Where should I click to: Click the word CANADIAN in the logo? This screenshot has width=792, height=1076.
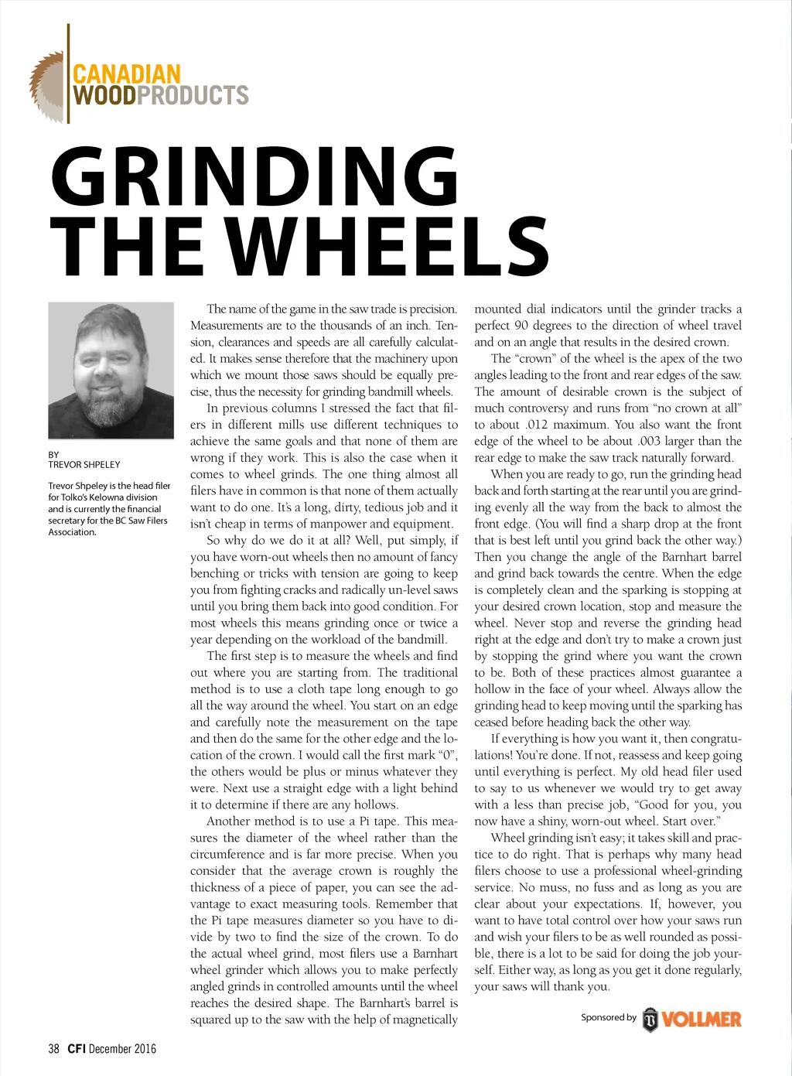[126, 75]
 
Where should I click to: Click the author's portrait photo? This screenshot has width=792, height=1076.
[111, 370]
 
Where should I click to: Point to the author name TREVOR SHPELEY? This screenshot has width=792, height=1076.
[84, 465]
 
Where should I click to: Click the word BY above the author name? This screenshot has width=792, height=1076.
[53, 455]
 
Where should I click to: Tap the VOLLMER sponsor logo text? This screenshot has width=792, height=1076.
[702, 1019]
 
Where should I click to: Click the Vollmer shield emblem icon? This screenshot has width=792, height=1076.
[650, 1020]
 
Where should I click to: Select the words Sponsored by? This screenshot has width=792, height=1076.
[608, 1017]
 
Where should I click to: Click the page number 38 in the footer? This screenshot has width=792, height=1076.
[53, 1049]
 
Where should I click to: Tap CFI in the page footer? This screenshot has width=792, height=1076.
[76, 1049]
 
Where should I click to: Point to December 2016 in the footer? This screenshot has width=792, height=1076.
[122, 1049]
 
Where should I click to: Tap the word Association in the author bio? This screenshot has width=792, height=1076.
[72, 532]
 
